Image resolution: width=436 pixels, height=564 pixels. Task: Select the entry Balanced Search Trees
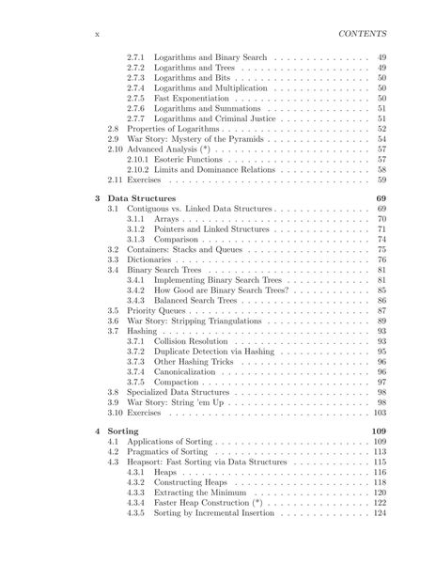[199, 300]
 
